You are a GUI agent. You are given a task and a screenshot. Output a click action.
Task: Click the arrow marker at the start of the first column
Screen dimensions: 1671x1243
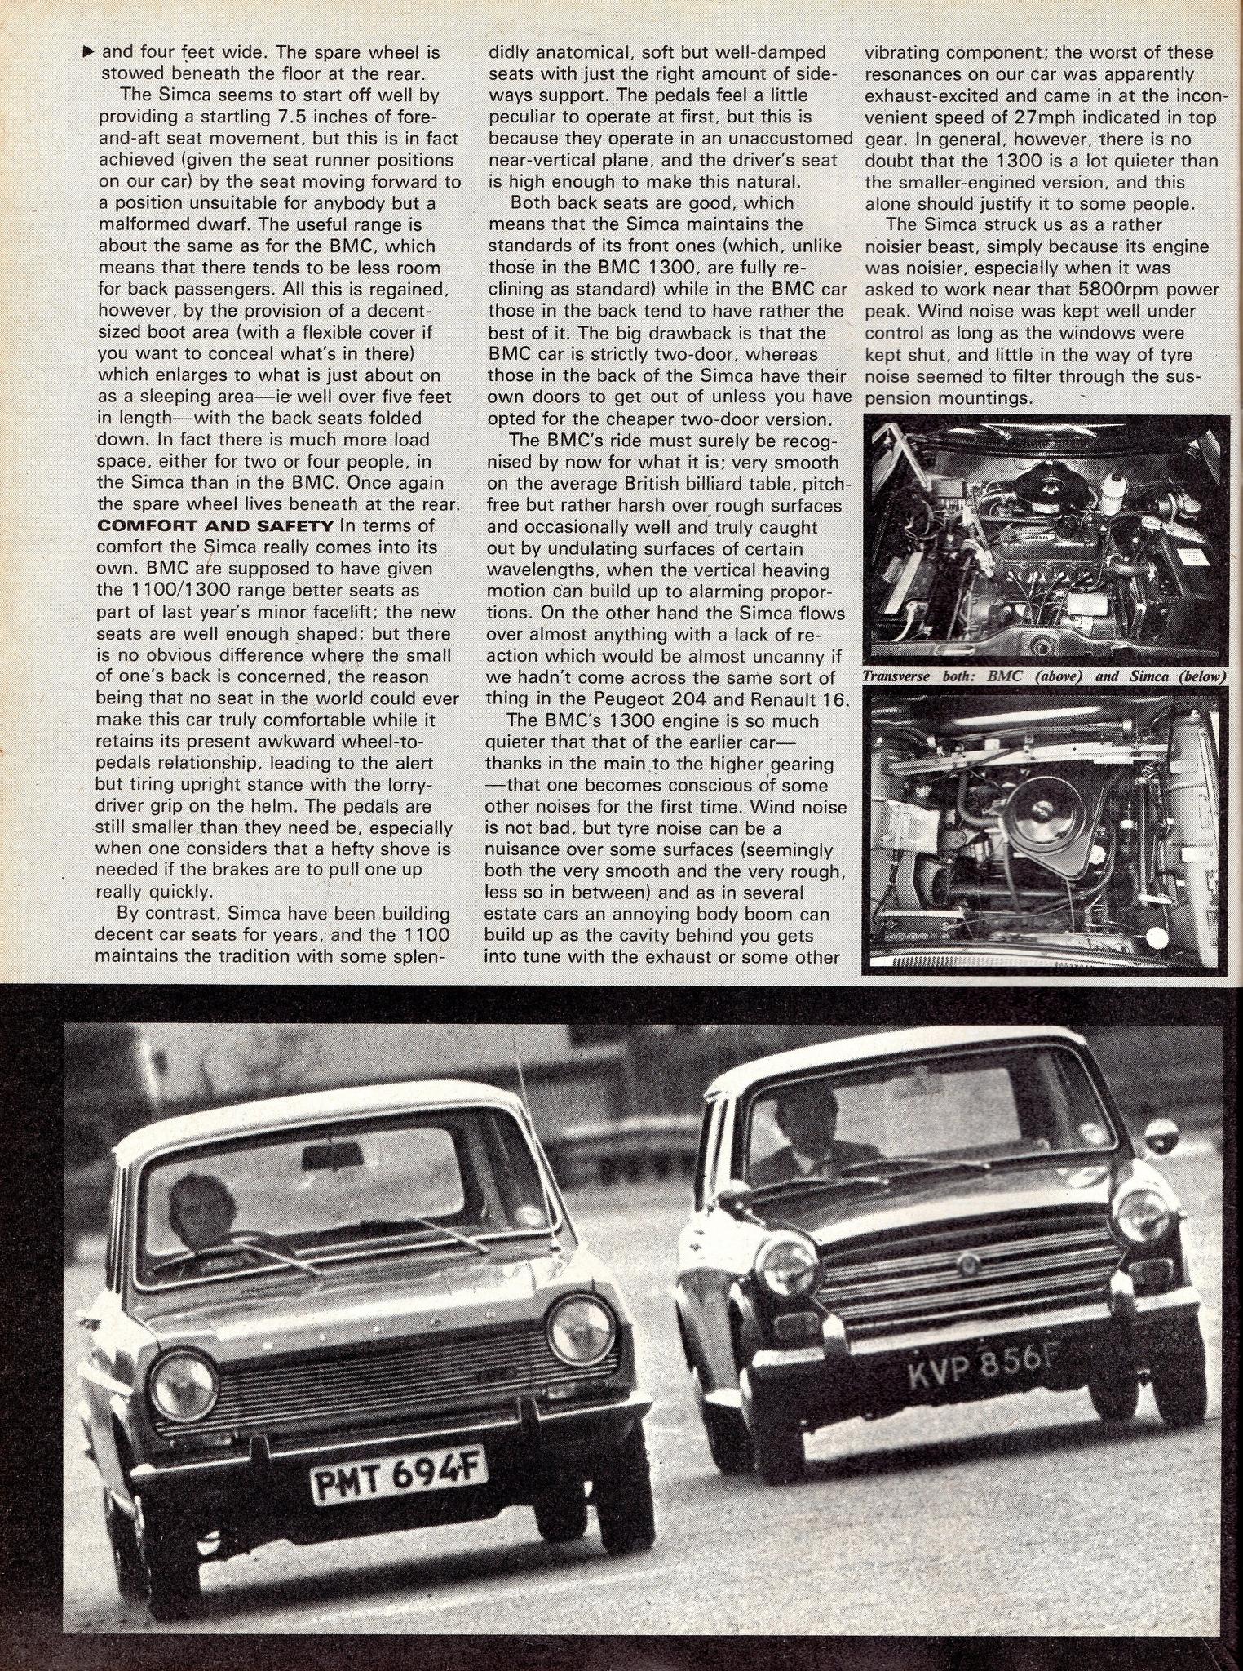pyautogui.click(x=89, y=51)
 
